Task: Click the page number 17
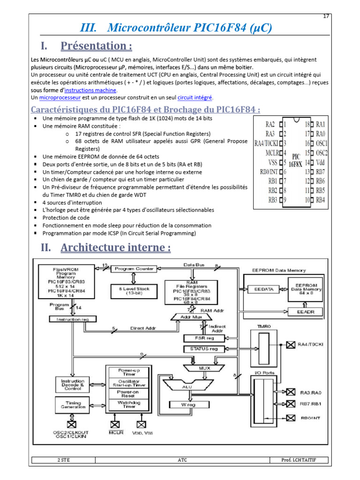(326, 16)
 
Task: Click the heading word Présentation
(96, 46)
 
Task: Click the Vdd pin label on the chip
(321, 162)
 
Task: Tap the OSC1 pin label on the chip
(322, 143)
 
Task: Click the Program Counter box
(132, 269)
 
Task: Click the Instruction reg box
(72, 319)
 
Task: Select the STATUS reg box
(204, 349)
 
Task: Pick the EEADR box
(304, 311)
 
